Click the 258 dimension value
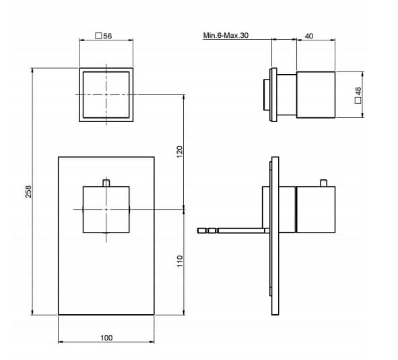28,191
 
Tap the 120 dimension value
179,152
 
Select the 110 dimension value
180,261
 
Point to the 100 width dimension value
106,338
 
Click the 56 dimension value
108,36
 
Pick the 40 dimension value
308,36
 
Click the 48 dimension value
358,91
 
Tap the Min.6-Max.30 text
226,35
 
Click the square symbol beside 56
98,36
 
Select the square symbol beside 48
358,100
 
